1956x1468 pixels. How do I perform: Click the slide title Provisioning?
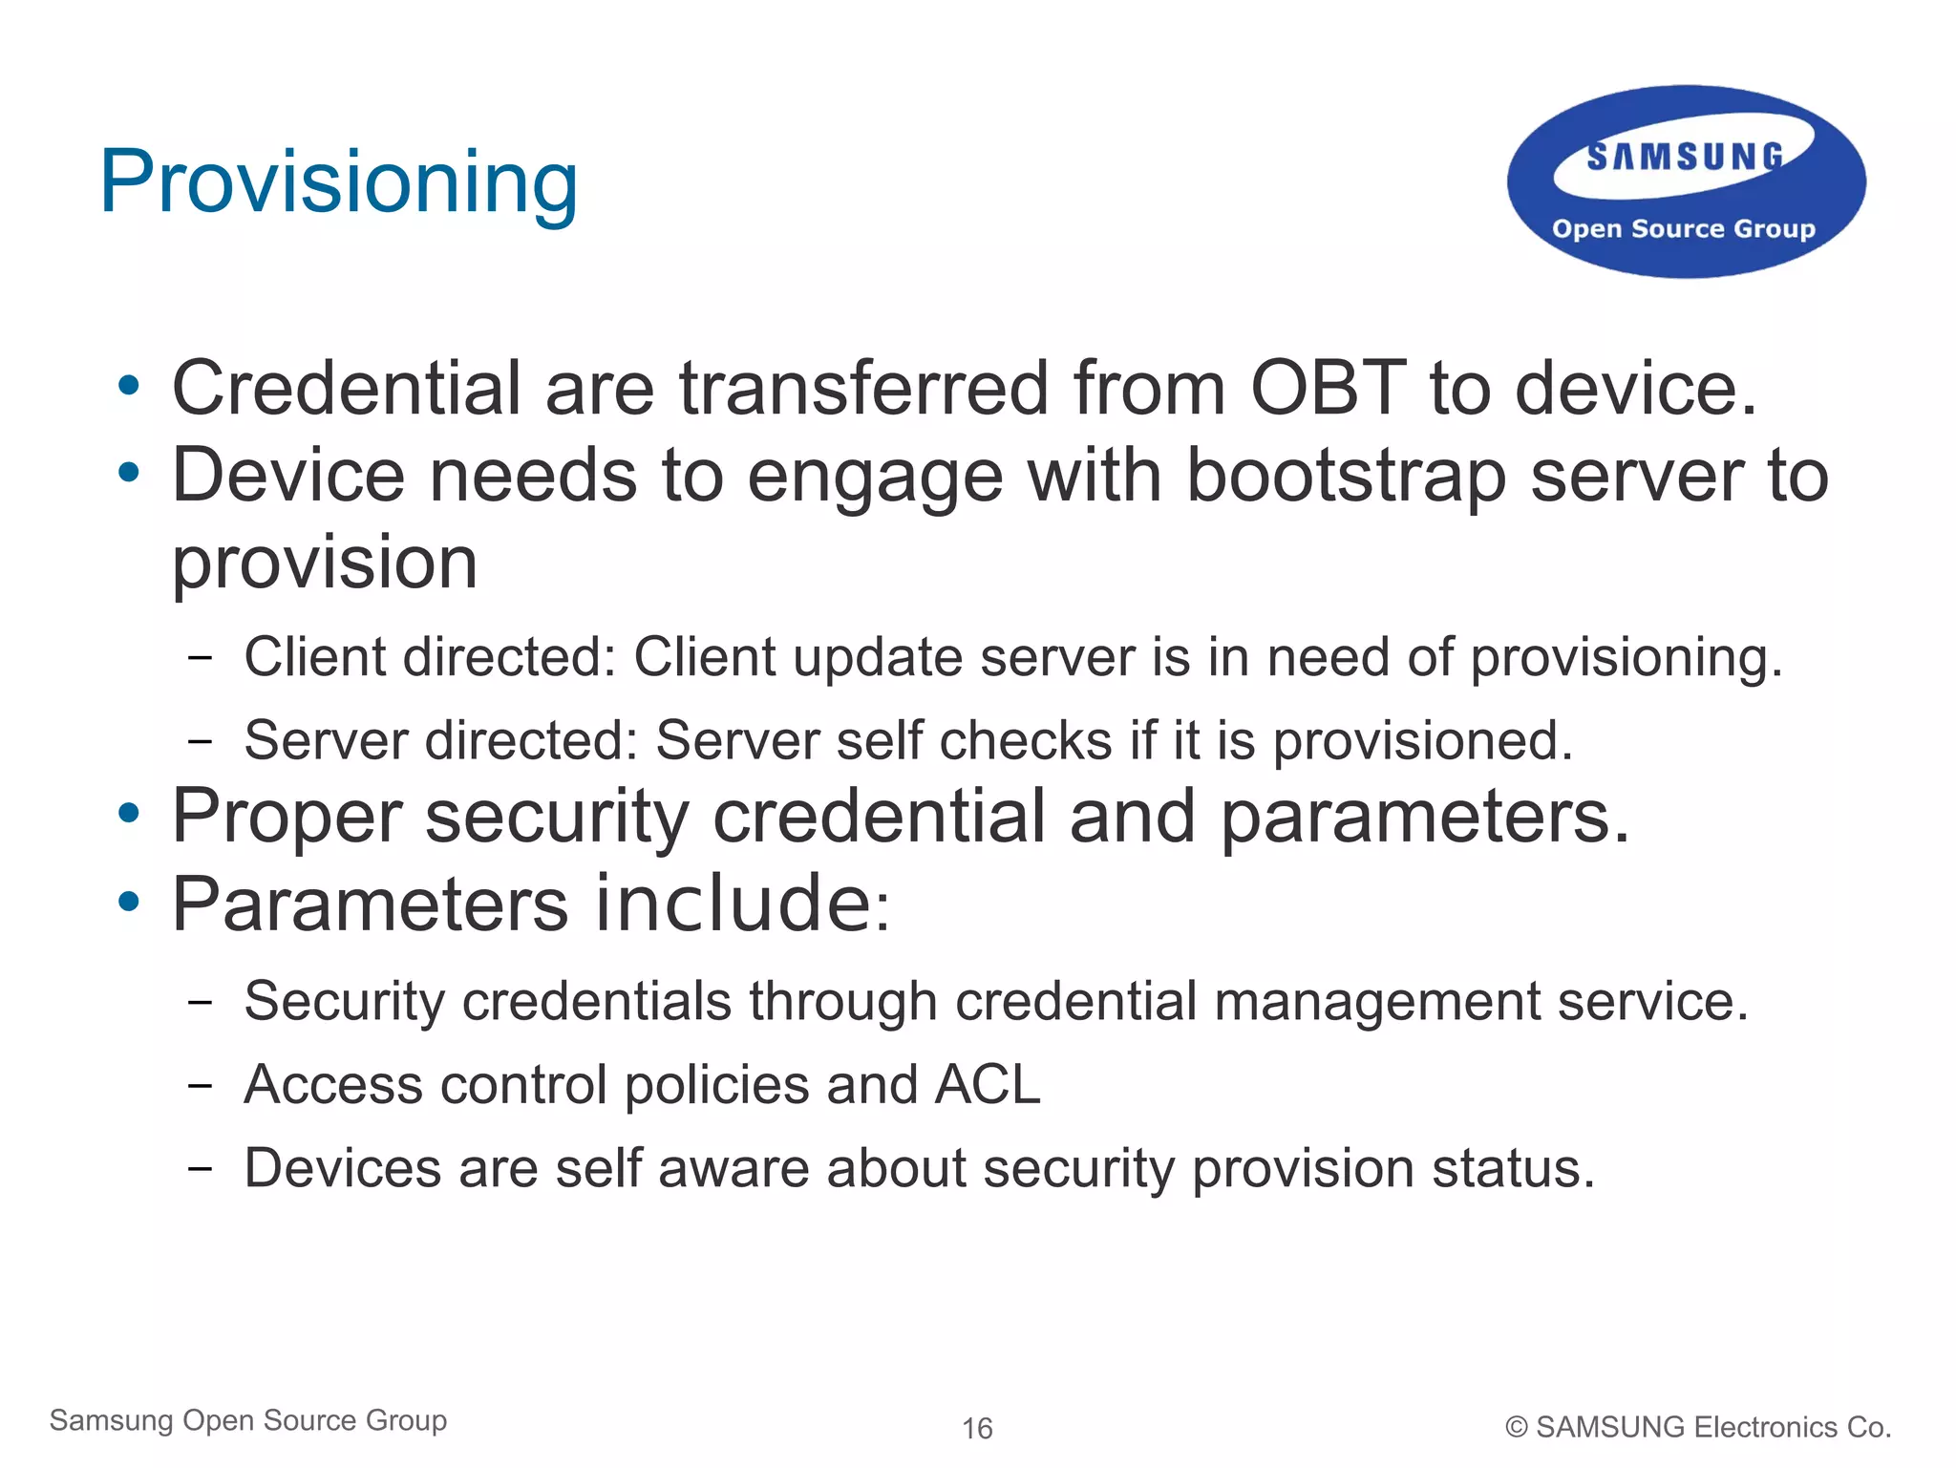(339, 182)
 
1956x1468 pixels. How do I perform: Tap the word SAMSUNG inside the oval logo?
(1685, 157)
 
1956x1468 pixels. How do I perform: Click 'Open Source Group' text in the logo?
(1683, 229)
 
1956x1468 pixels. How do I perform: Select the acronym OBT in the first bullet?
(1328, 389)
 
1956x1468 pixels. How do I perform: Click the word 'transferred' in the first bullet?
(863, 389)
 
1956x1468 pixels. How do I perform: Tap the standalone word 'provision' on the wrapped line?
(325, 563)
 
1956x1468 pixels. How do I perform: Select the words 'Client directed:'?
(430, 657)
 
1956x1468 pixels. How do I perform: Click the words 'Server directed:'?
(440, 740)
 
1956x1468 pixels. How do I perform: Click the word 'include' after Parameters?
(731, 904)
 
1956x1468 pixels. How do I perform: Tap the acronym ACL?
(988, 1085)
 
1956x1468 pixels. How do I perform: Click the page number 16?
(977, 1428)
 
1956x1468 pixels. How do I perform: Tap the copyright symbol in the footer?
(1516, 1427)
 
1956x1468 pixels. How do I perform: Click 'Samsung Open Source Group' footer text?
(248, 1420)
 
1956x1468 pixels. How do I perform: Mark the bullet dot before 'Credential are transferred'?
(128, 387)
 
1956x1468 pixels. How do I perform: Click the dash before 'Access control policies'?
(200, 1086)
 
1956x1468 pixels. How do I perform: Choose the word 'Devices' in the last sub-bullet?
(343, 1168)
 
